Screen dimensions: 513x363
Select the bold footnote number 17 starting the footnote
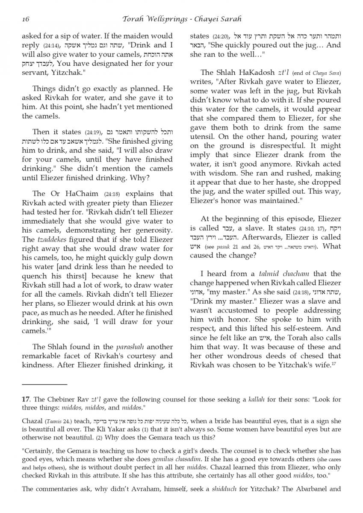(x=26, y=399)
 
